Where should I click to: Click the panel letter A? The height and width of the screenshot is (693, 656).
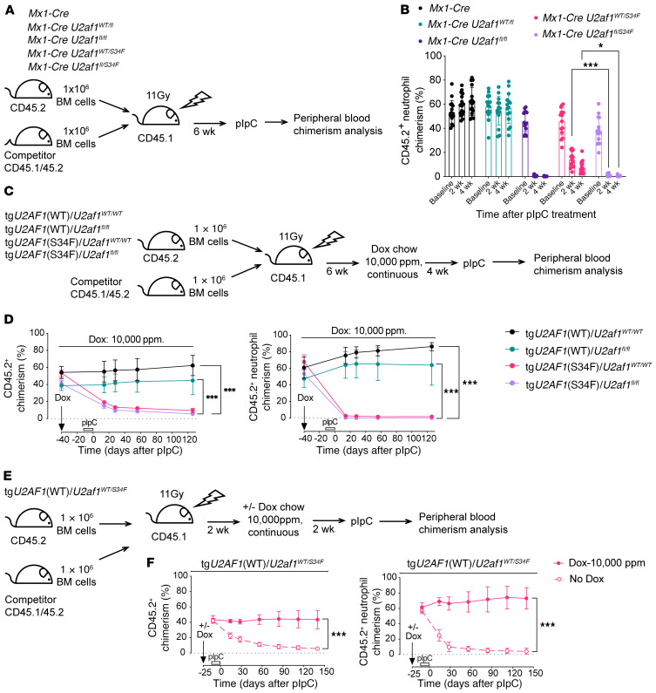point(8,9)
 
